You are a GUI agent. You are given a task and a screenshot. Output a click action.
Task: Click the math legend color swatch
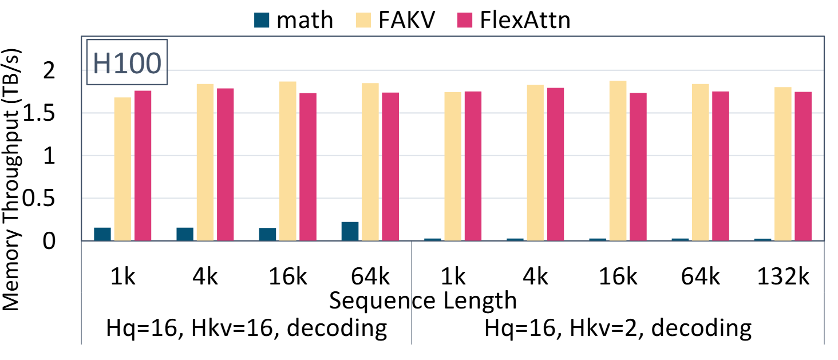pyautogui.click(x=260, y=21)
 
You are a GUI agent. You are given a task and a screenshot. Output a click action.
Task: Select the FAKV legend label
pyautogui.click(x=407, y=21)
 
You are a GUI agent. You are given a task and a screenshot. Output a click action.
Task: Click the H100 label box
pyautogui.click(x=127, y=62)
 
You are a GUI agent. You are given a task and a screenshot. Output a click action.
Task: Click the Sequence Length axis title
pyautogui.click(x=423, y=299)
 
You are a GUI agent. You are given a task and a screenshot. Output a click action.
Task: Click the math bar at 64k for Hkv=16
pyautogui.click(x=350, y=231)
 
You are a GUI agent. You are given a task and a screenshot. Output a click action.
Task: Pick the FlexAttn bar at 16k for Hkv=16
pyautogui.click(x=308, y=167)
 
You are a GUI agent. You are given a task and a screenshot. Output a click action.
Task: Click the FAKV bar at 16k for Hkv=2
pyautogui.click(x=618, y=161)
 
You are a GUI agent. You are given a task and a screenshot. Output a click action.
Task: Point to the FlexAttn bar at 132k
pyautogui.click(x=803, y=166)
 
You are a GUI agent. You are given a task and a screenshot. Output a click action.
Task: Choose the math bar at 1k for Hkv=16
pyautogui.click(x=102, y=234)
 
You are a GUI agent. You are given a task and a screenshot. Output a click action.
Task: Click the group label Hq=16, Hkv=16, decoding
pyautogui.click(x=247, y=329)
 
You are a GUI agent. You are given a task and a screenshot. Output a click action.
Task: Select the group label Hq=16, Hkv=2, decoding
pyautogui.click(x=618, y=329)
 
